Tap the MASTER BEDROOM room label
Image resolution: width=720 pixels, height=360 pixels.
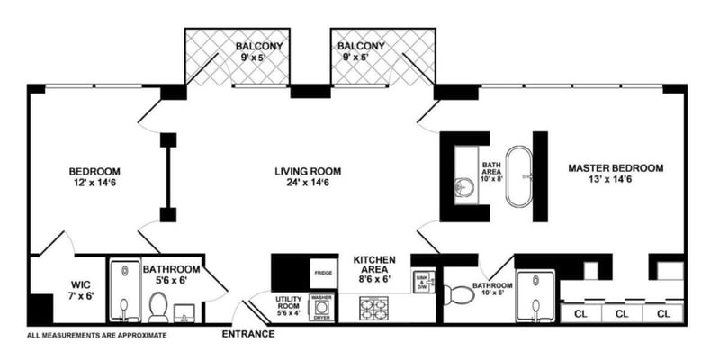click(616, 175)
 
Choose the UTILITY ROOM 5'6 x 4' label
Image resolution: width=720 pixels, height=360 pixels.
click(290, 306)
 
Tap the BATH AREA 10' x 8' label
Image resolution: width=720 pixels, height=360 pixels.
click(491, 171)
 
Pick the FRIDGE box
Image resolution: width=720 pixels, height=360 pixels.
click(324, 272)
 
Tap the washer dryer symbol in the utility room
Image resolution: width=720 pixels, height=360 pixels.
click(321, 307)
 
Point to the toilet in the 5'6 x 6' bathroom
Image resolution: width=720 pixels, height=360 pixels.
click(158, 309)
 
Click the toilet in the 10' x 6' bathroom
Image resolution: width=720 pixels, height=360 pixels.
click(454, 293)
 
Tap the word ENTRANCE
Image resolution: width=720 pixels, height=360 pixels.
click(247, 335)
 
